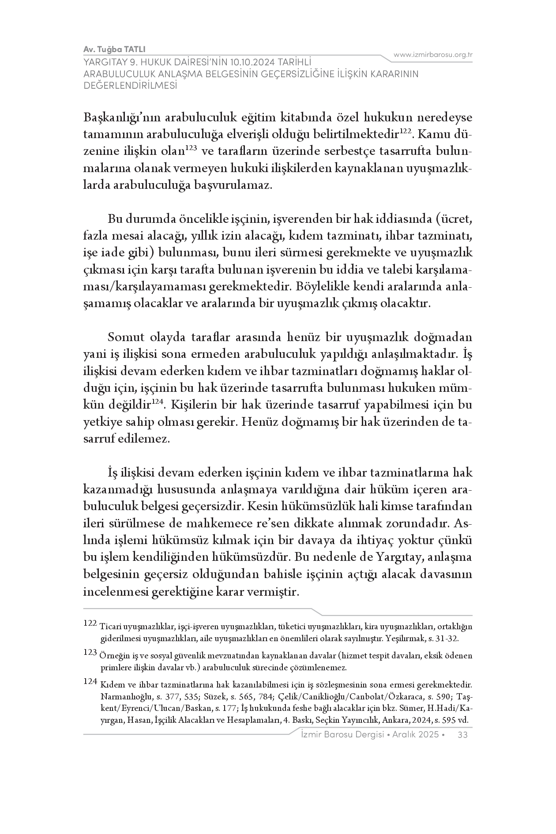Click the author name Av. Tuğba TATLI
pyautogui.click(x=114, y=49)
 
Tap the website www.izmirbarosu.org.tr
pyautogui.click(x=433, y=55)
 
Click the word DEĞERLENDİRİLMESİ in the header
pyautogui.click(x=130, y=86)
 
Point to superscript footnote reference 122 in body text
pyautogui.click(x=406, y=131)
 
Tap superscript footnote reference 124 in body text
pyautogui.click(x=158, y=402)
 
